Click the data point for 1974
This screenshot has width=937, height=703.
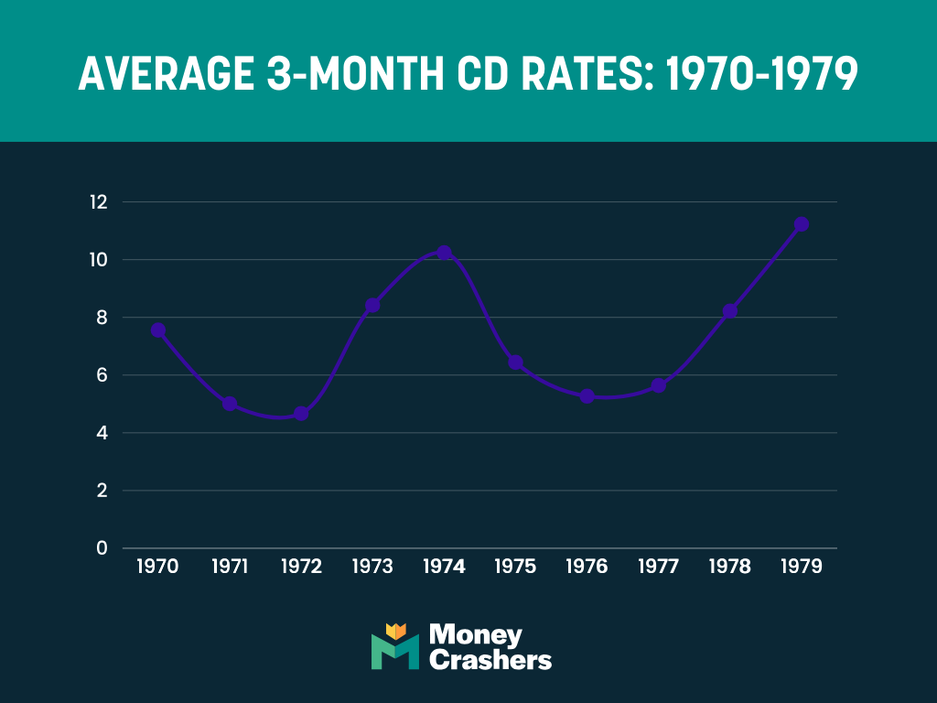point(444,253)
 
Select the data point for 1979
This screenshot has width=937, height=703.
point(801,224)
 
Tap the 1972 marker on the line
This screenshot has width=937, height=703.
point(301,414)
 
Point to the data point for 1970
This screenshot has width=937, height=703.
point(158,330)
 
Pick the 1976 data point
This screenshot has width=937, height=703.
point(587,396)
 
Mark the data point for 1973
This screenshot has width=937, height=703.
point(372,305)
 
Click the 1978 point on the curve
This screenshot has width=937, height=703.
point(729,311)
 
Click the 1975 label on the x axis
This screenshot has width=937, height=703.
point(515,567)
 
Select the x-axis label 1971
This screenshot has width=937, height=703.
point(230,567)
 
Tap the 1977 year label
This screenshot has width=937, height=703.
point(658,567)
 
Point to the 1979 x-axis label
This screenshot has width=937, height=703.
point(801,567)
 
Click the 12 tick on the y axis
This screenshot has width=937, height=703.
point(99,202)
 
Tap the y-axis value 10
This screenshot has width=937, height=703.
point(99,260)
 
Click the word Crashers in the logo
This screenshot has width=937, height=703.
point(490,659)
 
